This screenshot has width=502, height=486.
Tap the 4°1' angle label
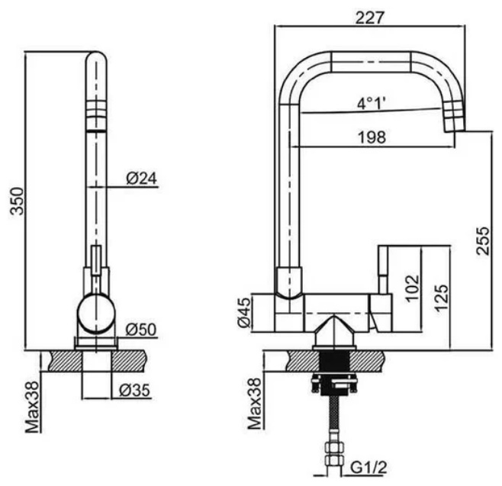pos(372,101)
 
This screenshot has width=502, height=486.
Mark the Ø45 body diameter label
pos(243,313)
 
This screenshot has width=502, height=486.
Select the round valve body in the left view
pos(96,313)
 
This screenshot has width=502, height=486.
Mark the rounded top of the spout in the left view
pos(96,59)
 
